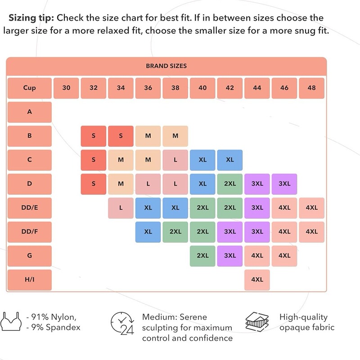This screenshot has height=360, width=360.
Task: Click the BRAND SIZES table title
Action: click(x=166, y=66)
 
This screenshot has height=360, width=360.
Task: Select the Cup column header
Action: click(x=30, y=88)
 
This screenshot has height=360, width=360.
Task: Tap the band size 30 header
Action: click(x=67, y=88)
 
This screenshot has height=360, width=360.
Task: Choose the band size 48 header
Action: click(x=311, y=88)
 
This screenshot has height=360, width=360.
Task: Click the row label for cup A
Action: click(x=30, y=112)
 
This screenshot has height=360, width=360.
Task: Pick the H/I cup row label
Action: click(x=30, y=279)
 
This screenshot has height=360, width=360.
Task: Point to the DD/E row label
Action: click(x=30, y=208)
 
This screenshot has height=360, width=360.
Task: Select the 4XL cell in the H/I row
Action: click(x=257, y=279)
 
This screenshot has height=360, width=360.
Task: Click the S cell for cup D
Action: click(x=94, y=184)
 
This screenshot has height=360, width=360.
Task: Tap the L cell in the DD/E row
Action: click(x=121, y=208)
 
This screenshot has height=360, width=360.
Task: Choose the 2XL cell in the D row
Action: click(x=230, y=184)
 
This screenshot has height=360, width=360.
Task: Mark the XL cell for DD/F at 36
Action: click(x=148, y=232)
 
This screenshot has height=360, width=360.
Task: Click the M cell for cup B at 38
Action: click(x=175, y=136)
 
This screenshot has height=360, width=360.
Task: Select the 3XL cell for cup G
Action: click(x=230, y=256)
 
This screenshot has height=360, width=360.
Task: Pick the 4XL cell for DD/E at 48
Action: click(x=311, y=208)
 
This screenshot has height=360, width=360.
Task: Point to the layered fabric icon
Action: click(x=257, y=322)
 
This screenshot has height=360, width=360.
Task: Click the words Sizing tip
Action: click(x=31, y=18)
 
